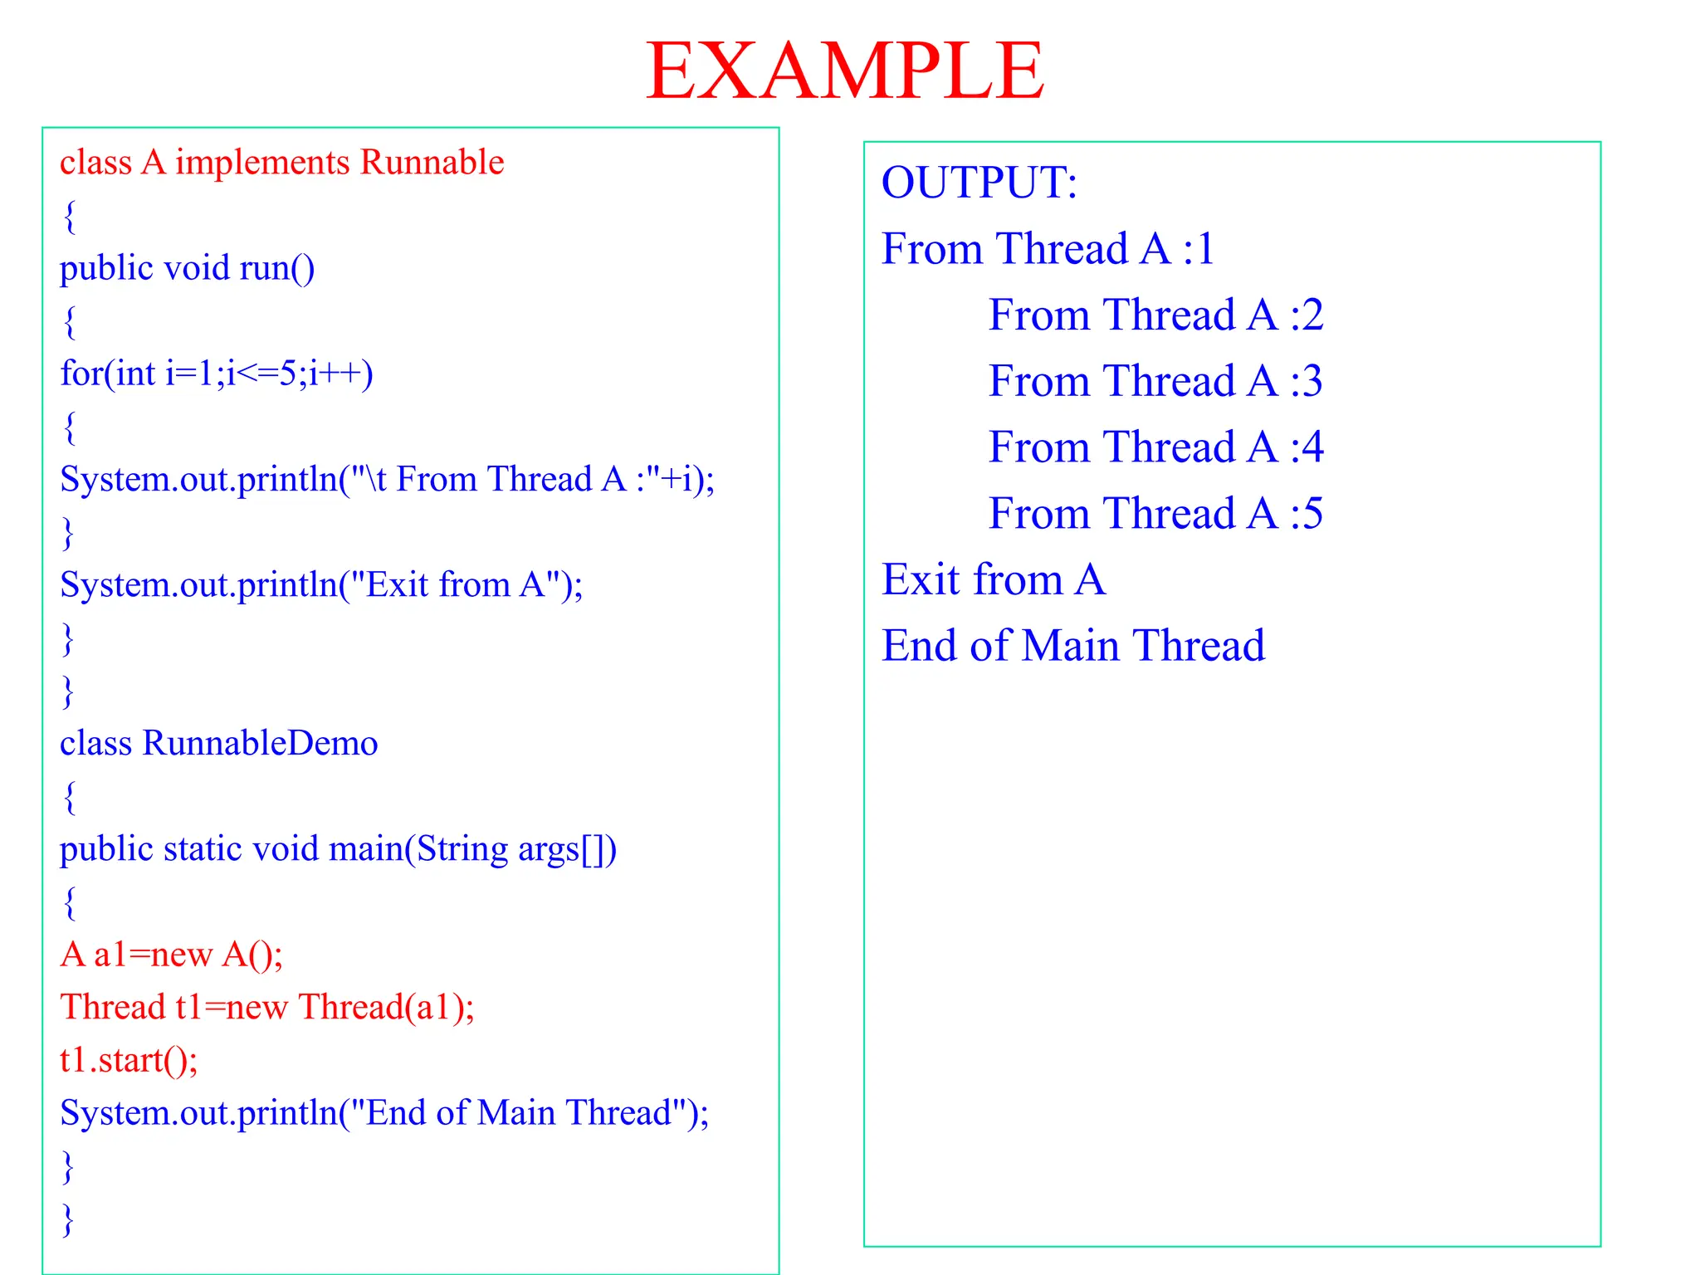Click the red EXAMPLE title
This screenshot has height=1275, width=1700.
844,71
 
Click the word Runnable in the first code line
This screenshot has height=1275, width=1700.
432,163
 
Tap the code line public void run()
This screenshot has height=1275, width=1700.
187,268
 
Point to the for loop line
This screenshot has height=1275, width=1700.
216,374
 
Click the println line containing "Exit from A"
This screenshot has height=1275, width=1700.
321,584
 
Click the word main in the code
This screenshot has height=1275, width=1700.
366,849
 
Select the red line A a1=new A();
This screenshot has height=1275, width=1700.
171,955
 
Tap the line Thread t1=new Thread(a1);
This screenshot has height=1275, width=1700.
266,1008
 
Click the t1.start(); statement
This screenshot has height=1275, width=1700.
129,1061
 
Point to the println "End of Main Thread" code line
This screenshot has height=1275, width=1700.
384,1113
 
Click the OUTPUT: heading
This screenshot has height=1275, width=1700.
979,183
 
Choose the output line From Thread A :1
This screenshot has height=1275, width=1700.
1048,249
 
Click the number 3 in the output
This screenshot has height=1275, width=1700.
1312,382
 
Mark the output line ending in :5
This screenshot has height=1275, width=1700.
1155,514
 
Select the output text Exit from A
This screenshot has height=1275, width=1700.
993,579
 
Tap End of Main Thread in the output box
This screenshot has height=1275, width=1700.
1072,646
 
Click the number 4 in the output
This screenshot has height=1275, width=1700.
1312,448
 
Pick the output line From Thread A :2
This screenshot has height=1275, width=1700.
1155,315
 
